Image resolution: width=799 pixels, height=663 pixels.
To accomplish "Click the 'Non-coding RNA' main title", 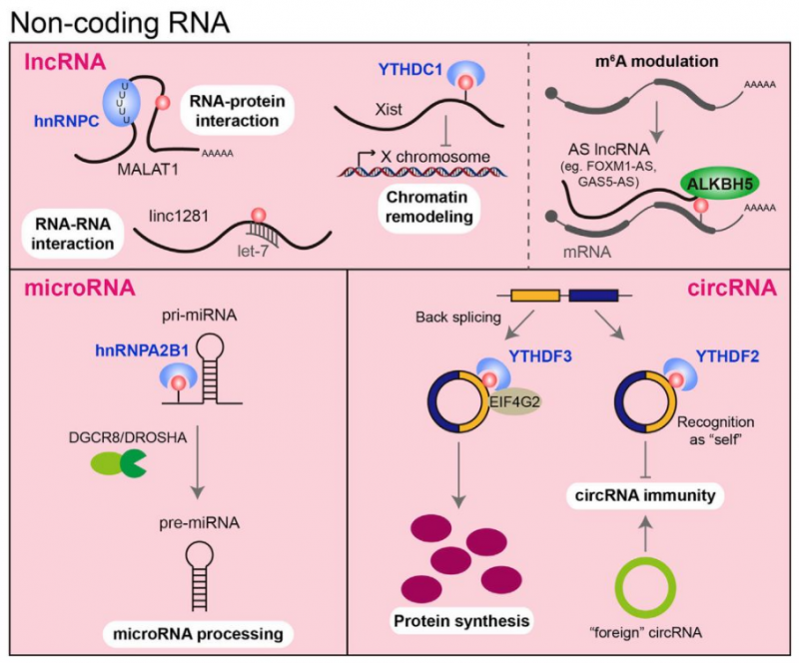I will click(102, 22).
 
